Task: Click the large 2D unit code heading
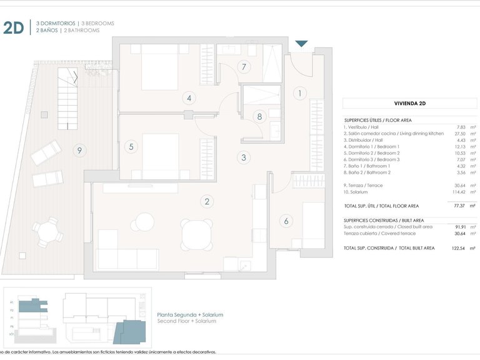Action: pyautogui.click(x=14, y=27)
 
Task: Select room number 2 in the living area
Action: pyautogui.click(x=206, y=201)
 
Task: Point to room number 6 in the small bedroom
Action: pyautogui.click(x=286, y=221)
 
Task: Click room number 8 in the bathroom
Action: pyautogui.click(x=259, y=116)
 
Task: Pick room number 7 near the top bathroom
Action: pyautogui.click(x=244, y=67)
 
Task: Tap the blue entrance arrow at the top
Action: pyautogui.click(x=301, y=44)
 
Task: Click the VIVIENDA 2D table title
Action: pyautogui.click(x=410, y=103)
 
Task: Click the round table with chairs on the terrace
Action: pyautogui.click(x=48, y=232)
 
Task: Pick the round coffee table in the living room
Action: pyautogui.click(x=145, y=222)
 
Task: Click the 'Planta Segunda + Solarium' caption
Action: pyautogui.click(x=190, y=314)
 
